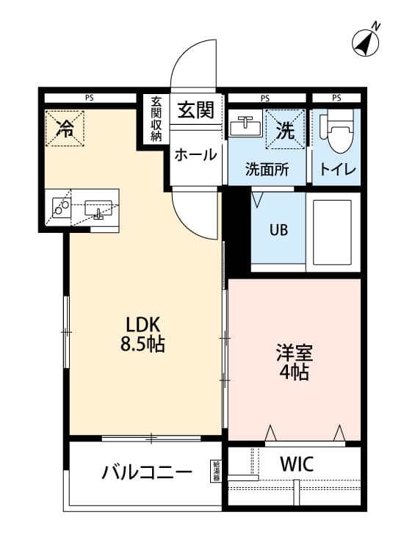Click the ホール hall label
click(195, 155)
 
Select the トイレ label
click(337, 170)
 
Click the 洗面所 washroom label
click(267, 170)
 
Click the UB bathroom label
click(278, 228)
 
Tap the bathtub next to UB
click(334, 230)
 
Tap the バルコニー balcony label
click(147, 472)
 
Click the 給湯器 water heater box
click(216, 470)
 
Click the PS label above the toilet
click(336, 98)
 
